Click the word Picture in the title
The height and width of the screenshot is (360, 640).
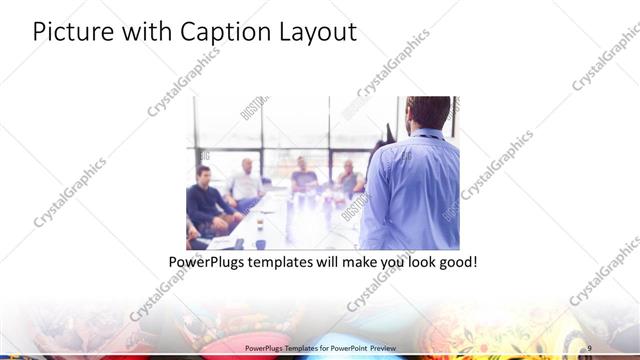(x=69, y=32)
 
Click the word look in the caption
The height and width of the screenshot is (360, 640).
(x=421, y=262)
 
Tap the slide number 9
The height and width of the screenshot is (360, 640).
(x=590, y=346)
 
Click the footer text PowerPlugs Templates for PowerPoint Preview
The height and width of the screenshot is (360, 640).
(x=320, y=346)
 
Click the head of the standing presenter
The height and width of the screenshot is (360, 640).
(x=428, y=113)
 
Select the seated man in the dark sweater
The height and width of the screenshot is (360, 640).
(x=206, y=200)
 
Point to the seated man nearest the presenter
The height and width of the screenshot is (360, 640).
(x=349, y=179)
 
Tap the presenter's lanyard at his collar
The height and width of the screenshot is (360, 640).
(x=428, y=134)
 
